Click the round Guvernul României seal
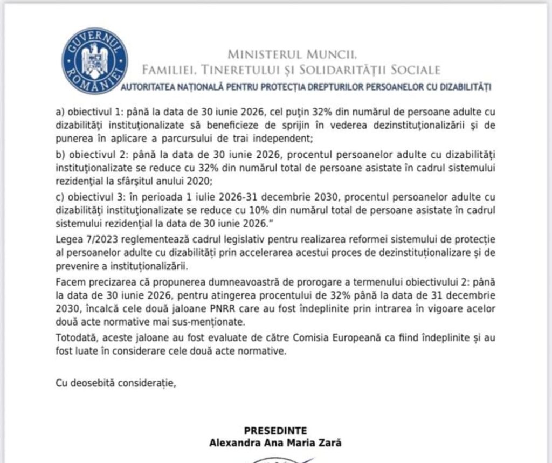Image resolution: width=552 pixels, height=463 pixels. [x=95, y=60]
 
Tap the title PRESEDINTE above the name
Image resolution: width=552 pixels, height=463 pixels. [x=275, y=431]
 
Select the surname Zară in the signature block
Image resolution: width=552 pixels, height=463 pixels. [x=328, y=443]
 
